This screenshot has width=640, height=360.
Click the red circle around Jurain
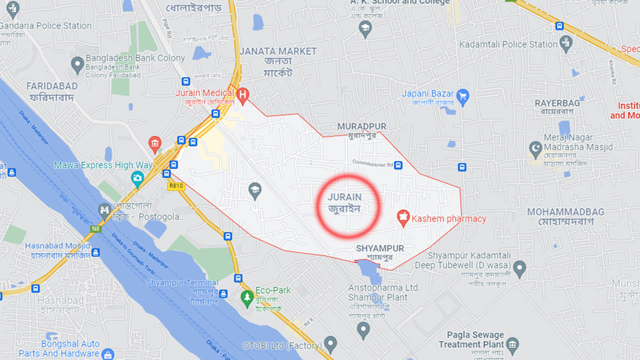click(x=348, y=205)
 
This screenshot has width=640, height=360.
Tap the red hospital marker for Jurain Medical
click(x=243, y=94)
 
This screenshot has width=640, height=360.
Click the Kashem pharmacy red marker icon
click(x=403, y=218)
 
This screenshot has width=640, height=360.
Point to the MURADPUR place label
click(x=361, y=126)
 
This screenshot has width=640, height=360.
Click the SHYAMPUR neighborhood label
click(x=380, y=248)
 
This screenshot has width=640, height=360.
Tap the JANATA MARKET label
click(x=278, y=51)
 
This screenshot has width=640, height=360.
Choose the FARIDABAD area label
click(x=52, y=86)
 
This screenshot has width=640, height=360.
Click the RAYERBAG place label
click(x=557, y=103)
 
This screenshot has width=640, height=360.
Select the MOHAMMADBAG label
click(x=565, y=212)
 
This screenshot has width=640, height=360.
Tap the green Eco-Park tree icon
click(x=246, y=298)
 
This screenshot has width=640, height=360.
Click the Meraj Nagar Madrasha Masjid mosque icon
click(x=535, y=148)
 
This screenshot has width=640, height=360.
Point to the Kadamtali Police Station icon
click(x=566, y=43)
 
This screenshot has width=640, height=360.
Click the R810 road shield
click(x=175, y=186)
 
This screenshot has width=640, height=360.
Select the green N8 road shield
click(x=95, y=228)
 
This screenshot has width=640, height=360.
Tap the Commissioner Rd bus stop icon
click(x=398, y=165)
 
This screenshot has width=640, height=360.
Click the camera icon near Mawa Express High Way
click(x=137, y=177)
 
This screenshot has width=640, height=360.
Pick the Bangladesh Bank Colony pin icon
click(x=77, y=64)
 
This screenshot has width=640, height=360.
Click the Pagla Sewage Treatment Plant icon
click(x=512, y=344)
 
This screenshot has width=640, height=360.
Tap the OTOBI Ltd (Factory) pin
click(x=330, y=344)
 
